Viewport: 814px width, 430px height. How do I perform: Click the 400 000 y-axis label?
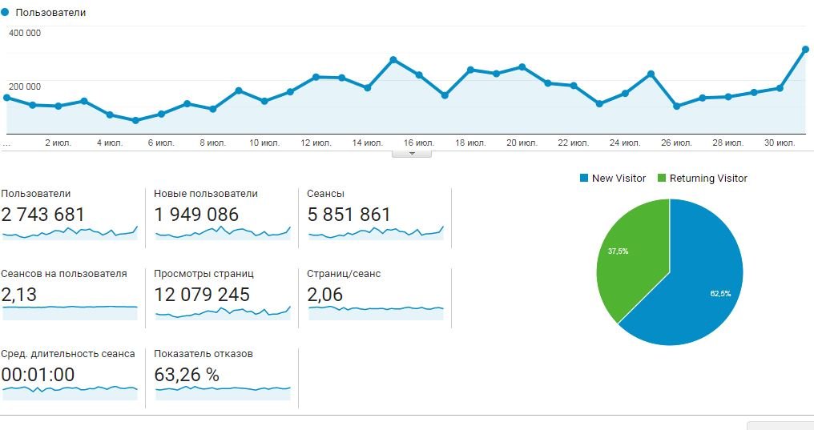tap(25, 33)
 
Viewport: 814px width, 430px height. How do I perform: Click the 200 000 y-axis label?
tap(25, 86)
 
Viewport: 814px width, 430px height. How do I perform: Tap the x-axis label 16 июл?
tap(419, 143)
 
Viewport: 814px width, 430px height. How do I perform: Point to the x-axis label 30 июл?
tap(779, 143)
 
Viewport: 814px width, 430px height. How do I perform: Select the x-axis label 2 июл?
tap(58, 143)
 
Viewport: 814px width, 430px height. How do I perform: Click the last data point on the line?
tap(805, 50)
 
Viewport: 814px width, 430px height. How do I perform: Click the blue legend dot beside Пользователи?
tap(6, 13)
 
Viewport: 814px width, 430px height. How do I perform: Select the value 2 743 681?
tap(42, 215)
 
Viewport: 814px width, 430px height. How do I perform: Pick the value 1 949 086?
tap(196, 215)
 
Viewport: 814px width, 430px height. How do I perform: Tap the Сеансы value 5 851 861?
tap(349, 215)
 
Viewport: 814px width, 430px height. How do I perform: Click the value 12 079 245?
tap(202, 295)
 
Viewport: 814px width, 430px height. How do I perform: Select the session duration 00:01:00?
tap(38, 375)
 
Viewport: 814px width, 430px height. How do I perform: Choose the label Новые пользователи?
tap(206, 194)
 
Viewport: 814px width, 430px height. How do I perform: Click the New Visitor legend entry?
tap(612, 178)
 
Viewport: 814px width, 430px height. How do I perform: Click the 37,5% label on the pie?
tap(618, 251)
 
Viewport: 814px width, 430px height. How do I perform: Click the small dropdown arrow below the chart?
tap(412, 153)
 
